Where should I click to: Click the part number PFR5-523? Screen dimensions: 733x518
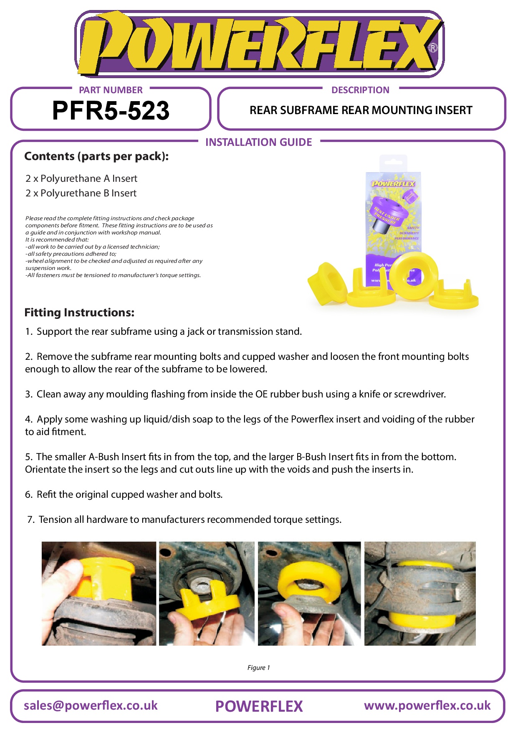click(111, 111)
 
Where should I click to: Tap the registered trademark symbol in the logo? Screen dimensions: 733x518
click(433, 48)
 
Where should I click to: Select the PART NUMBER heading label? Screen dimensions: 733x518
click(111, 90)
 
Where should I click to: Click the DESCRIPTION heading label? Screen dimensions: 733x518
click(360, 90)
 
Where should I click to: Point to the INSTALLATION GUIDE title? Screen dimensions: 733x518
click(258, 142)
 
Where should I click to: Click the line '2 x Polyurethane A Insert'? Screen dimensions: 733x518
click(81, 178)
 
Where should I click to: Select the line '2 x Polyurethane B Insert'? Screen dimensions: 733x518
click(81, 193)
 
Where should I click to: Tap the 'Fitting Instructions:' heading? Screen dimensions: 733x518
click(79, 313)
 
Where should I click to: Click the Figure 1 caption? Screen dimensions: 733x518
click(258, 667)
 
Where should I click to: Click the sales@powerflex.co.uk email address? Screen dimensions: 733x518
click(91, 705)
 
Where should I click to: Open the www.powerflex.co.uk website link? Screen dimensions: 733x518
click(427, 705)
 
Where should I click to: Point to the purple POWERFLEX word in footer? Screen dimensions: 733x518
click(259, 706)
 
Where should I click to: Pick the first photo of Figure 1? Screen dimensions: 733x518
click(99, 593)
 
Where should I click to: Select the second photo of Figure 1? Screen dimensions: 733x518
click(207, 593)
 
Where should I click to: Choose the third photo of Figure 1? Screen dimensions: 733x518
click(309, 593)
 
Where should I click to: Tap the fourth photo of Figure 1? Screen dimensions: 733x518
click(420, 593)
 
